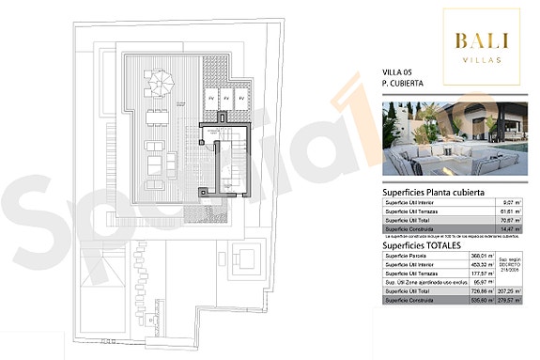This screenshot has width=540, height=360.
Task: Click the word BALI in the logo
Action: (482, 40)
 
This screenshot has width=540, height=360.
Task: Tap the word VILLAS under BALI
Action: (482, 58)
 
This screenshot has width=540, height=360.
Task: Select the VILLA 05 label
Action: (398, 72)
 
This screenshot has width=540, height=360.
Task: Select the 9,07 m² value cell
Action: (511, 203)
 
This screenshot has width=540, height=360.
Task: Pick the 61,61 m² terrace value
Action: (510, 212)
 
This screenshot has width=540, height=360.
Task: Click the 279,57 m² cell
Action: (511, 302)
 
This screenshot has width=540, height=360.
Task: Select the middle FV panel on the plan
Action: (226, 98)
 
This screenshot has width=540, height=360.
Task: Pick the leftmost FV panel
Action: (211, 98)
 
